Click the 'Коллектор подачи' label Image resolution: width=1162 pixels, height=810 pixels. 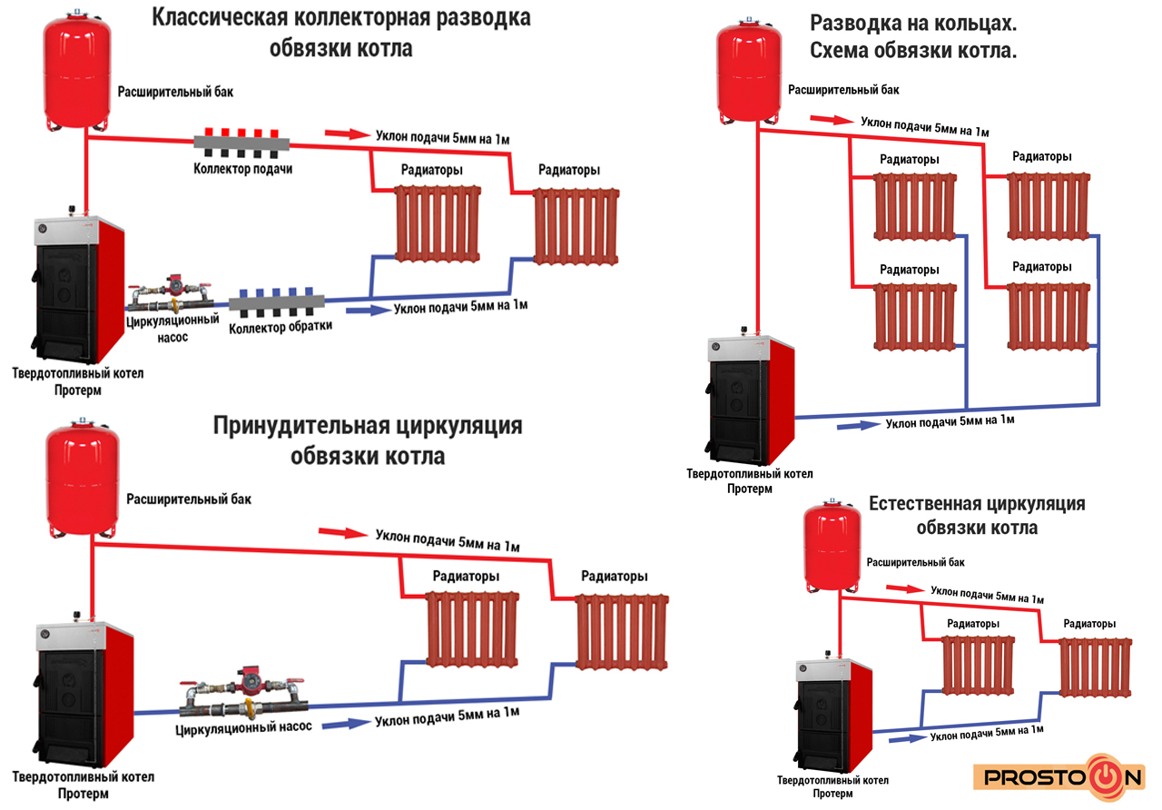(242, 169)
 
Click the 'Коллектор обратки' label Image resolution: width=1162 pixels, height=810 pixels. (281, 326)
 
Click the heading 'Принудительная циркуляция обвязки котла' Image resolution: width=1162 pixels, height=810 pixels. (368, 440)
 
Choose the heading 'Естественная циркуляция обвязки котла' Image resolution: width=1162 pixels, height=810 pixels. (977, 516)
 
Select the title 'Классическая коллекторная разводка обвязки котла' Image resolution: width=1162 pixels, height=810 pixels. (340, 33)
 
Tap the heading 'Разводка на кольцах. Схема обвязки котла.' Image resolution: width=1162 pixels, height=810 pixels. (912, 37)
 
